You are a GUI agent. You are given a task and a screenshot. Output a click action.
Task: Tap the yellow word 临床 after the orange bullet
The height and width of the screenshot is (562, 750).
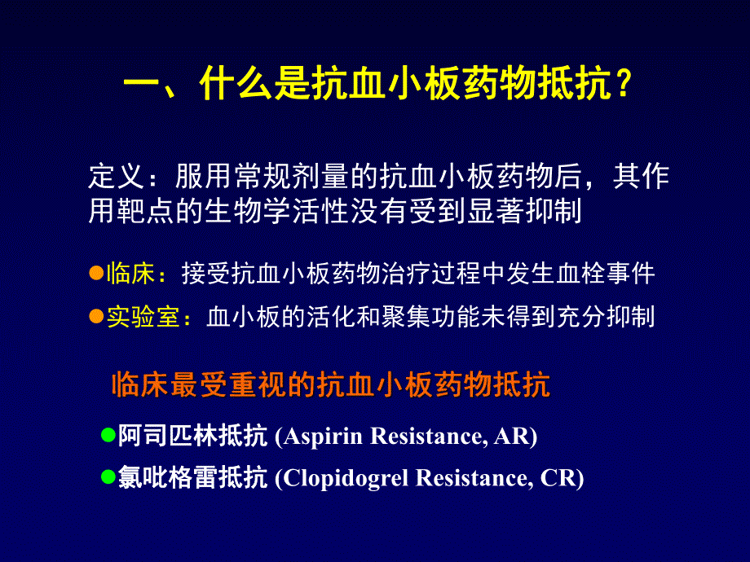click(x=130, y=274)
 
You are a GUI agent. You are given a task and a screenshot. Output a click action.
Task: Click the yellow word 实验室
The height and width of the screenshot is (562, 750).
click(x=142, y=318)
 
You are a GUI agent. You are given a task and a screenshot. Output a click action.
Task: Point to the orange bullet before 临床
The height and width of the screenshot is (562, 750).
click(x=95, y=273)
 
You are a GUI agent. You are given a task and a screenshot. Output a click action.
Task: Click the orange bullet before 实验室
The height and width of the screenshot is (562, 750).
click(x=95, y=316)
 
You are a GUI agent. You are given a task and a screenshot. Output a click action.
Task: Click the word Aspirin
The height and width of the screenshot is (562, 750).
click(x=324, y=437)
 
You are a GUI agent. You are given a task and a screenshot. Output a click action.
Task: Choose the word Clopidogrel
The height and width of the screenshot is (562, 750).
click(x=346, y=479)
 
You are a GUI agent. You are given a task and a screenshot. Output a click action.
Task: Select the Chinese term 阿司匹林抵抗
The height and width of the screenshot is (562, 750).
click(x=192, y=437)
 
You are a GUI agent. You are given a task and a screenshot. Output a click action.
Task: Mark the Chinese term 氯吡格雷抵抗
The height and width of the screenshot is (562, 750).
click(x=192, y=479)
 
